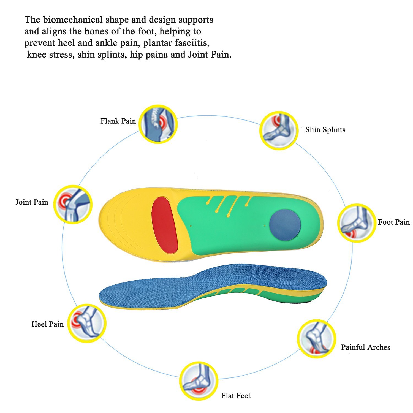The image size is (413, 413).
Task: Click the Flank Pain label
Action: (x=118, y=121)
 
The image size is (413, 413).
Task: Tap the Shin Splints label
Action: (x=325, y=130)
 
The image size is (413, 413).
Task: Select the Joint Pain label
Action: (x=32, y=202)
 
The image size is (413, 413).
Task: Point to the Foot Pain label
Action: (x=394, y=222)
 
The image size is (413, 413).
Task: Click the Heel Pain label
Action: (x=47, y=324)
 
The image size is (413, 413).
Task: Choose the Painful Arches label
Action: (x=366, y=347)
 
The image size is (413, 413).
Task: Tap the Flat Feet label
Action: (x=236, y=396)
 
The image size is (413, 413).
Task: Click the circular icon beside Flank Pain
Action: (x=158, y=124)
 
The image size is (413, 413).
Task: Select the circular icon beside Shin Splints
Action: (x=279, y=131)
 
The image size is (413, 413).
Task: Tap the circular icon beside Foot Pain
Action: (x=357, y=223)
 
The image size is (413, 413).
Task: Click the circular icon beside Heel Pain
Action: (x=87, y=323)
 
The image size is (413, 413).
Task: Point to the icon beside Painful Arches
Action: (x=317, y=339)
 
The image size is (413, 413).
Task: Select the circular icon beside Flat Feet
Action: (x=199, y=381)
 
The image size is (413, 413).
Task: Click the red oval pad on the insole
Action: (x=165, y=225)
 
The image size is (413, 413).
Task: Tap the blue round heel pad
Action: (x=285, y=225)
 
